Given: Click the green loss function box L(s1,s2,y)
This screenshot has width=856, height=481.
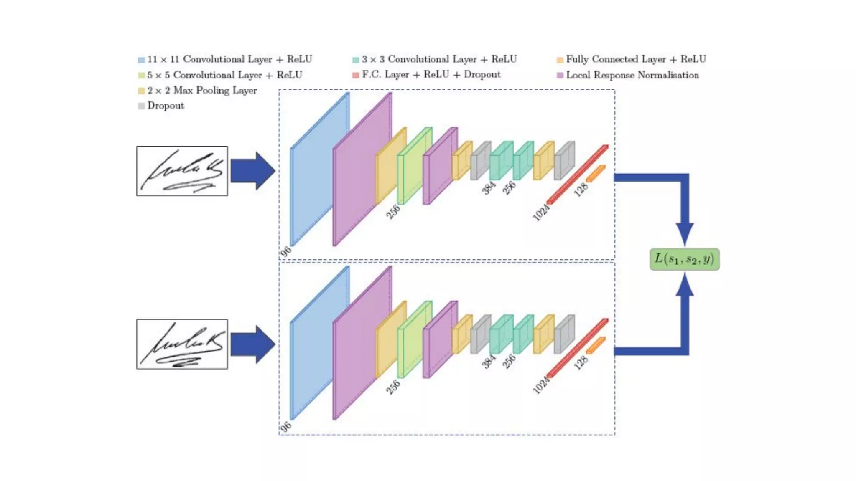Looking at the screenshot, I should click(684, 259).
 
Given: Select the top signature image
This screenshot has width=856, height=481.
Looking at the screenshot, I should click(182, 171).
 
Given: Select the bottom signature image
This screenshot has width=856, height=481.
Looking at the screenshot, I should click(182, 344).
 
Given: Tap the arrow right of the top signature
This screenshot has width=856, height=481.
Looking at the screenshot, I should click(252, 171).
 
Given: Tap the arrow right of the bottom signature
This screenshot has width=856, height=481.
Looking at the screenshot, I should click(252, 344).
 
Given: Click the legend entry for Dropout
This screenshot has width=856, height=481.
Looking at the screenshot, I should click(166, 106).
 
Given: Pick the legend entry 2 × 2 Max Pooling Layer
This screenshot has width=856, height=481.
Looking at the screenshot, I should click(201, 91).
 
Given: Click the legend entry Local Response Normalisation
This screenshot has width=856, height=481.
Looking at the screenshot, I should click(632, 75).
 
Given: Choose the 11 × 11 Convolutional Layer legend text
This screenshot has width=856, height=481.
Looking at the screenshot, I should click(229, 59).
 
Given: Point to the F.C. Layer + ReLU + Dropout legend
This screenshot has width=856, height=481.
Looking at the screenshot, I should click(431, 75).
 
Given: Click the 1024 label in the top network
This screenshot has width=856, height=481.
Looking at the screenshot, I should click(541, 212).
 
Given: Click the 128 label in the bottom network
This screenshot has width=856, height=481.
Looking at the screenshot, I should click(581, 363).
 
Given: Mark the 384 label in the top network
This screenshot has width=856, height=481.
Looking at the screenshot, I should click(488, 188).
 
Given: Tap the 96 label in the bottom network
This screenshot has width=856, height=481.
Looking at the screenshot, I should click(285, 426).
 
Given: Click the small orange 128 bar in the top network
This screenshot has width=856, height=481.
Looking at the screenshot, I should click(596, 174).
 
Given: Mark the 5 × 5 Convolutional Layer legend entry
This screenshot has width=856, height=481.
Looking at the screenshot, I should click(224, 75).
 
